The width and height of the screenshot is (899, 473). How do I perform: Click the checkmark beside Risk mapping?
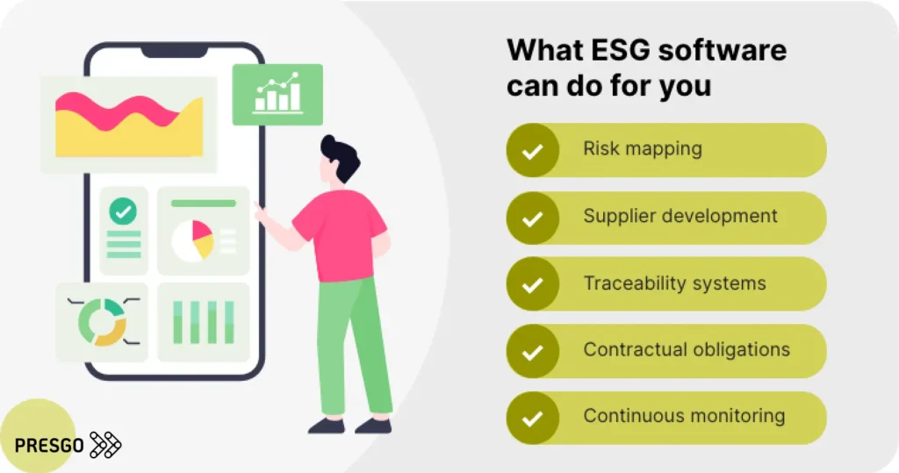point(531,151)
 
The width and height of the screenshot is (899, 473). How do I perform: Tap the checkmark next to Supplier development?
point(531,218)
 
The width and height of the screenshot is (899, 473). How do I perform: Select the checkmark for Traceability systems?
point(531,284)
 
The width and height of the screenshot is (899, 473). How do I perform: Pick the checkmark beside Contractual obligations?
point(531,351)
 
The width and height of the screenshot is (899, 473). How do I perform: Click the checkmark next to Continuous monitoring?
point(531,418)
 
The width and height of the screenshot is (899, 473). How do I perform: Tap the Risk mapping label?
point(643,148)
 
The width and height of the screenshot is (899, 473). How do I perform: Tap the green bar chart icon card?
point(277,95)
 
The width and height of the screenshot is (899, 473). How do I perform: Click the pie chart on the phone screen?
point(192,240)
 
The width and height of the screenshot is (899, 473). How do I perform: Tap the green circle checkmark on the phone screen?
point(123,211)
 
